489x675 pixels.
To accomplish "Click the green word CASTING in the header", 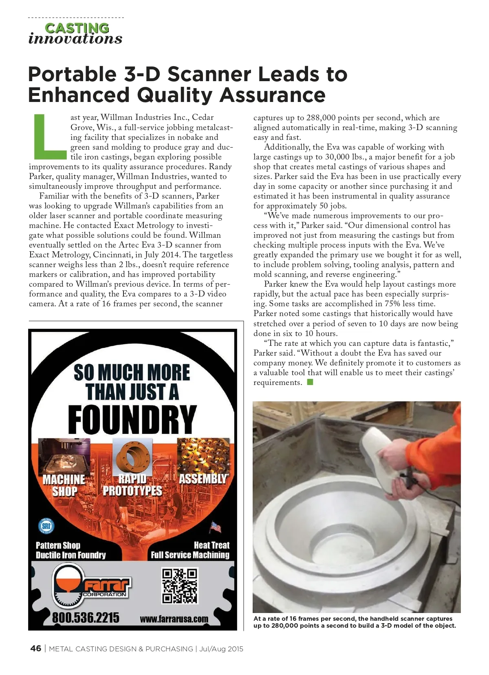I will [77, 28].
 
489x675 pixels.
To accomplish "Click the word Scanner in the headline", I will [209, 74].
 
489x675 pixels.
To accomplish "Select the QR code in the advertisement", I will [180, 586].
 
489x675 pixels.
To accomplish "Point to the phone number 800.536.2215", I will [86, 617].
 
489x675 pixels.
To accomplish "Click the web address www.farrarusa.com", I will [174, 619].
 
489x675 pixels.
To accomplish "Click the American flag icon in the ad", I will [215, 527].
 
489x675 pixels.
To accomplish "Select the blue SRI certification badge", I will [46, 526].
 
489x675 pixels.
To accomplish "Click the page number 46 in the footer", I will [35, 648].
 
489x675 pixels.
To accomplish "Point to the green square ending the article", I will [310, 382].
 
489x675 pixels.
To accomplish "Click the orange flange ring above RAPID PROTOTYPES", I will [132, 458].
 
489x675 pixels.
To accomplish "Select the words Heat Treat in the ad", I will [211, 545].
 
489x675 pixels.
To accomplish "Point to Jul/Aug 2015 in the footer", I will [221, 649].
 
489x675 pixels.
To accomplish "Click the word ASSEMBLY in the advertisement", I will [203, 478].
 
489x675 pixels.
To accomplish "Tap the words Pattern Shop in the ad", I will [58, 545].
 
